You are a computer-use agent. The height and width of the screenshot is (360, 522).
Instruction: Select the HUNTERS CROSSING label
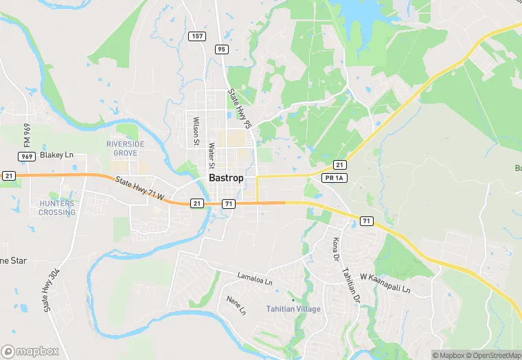57,207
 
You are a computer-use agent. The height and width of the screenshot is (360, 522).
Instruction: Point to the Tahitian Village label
293,309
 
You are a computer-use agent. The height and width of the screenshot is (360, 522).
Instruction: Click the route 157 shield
197,35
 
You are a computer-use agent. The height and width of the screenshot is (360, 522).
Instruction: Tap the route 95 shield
220,49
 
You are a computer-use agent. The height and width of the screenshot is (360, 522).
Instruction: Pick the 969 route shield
27,157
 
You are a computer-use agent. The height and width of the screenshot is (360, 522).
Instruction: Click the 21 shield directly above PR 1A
339,165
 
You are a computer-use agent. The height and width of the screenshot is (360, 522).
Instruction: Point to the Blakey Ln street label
56,155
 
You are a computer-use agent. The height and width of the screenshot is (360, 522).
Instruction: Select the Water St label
212,155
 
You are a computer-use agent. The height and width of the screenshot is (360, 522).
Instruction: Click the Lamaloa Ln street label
255,280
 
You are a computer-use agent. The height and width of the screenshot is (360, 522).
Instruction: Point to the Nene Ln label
236,304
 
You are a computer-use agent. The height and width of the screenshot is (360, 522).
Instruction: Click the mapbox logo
30,351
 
